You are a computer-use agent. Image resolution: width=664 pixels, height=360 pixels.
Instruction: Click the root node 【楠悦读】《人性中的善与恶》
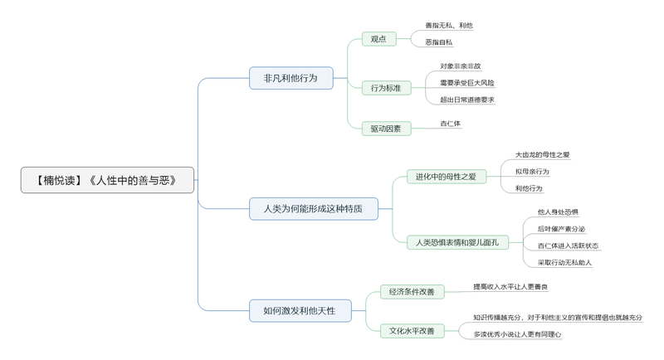(x=107, y=180)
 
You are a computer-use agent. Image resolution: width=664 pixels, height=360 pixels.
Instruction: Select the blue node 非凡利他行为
(x=290, y=78)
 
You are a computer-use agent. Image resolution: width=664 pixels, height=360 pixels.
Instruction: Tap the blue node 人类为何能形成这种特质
(x=313, y=208)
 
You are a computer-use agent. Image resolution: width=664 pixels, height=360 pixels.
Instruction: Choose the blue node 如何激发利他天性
(x=300, y=310)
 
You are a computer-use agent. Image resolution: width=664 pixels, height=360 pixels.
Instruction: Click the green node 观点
(x=378, y=39)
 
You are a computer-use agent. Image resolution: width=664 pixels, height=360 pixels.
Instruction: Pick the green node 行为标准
(x=386, y=87)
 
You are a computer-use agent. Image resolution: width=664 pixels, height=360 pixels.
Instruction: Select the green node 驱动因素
(x=386, y=129)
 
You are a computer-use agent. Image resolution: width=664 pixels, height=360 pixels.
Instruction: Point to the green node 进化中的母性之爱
(x=446, y=176)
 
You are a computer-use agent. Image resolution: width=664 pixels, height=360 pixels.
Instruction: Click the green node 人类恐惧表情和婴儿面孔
(x=457, y=242)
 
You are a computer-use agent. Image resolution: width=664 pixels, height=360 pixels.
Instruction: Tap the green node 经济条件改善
(x=412, y=291)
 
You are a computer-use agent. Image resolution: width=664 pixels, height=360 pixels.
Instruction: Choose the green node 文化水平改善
(x=412, y=330)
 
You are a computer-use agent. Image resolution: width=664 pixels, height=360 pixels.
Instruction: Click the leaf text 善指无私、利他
(x=449, y=26)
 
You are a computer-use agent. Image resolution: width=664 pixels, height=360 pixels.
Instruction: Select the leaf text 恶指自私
(x=439, y=42)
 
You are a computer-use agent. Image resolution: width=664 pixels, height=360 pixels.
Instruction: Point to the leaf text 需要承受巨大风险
(x=466, y=83)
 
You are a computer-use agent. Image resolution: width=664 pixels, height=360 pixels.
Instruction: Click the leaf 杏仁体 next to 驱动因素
(x=450, y=124)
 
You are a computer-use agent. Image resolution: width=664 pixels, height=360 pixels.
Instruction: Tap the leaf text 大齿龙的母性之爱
(x=542, y=154)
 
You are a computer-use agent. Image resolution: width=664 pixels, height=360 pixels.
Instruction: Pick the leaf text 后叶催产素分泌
(x=561, y=229)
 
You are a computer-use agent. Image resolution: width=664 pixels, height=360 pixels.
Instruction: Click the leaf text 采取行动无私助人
(x=564, y=262)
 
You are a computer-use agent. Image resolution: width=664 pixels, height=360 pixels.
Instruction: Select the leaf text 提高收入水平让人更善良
(x=510, y=287)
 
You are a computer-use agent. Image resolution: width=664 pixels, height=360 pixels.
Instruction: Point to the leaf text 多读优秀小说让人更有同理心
(x=517, y=334)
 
